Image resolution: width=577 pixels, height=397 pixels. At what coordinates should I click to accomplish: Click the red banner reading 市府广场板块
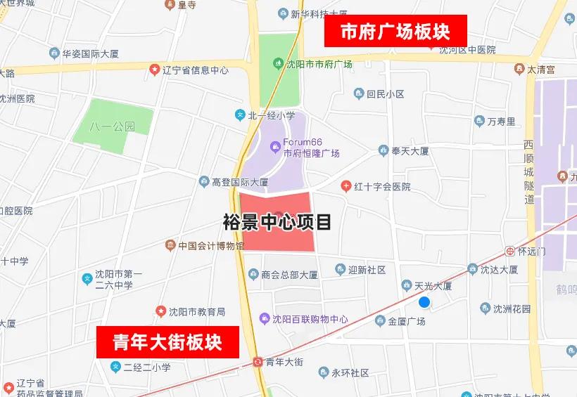tap(395, 31)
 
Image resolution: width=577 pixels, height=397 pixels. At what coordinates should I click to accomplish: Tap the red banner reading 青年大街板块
tap(167, 342)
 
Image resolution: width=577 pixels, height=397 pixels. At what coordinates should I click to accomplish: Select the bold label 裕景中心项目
tap(277, 223)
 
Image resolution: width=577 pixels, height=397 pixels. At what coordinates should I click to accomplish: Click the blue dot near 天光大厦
tap(424, 302)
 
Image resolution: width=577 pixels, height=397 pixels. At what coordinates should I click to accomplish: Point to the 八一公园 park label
tap(112, 127)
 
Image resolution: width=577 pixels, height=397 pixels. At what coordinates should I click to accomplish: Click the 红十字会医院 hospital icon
tap(345, 186)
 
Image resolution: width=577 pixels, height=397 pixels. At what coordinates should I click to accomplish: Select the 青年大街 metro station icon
tap(258, 362)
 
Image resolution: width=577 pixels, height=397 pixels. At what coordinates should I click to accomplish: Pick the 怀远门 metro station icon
tap(510, 250)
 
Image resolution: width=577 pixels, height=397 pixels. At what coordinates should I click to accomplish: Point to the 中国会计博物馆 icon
tap(170, 245)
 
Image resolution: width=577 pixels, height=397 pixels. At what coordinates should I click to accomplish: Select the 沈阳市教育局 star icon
tap(161, 311)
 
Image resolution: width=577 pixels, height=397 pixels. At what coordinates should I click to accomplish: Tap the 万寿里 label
tap(501, 121)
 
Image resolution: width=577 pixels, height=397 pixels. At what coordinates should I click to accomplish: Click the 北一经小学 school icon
tap(240, 115)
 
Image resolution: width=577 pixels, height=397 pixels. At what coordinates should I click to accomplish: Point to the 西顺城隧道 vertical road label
tap(528, 171)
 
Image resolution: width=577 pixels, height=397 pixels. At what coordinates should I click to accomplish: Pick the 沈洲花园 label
tap(512, 308)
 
